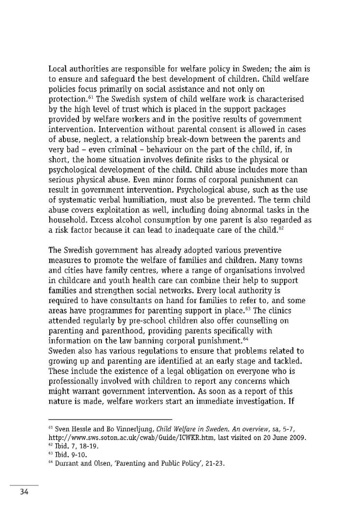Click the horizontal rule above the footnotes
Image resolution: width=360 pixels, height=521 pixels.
[x=111, y=419]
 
